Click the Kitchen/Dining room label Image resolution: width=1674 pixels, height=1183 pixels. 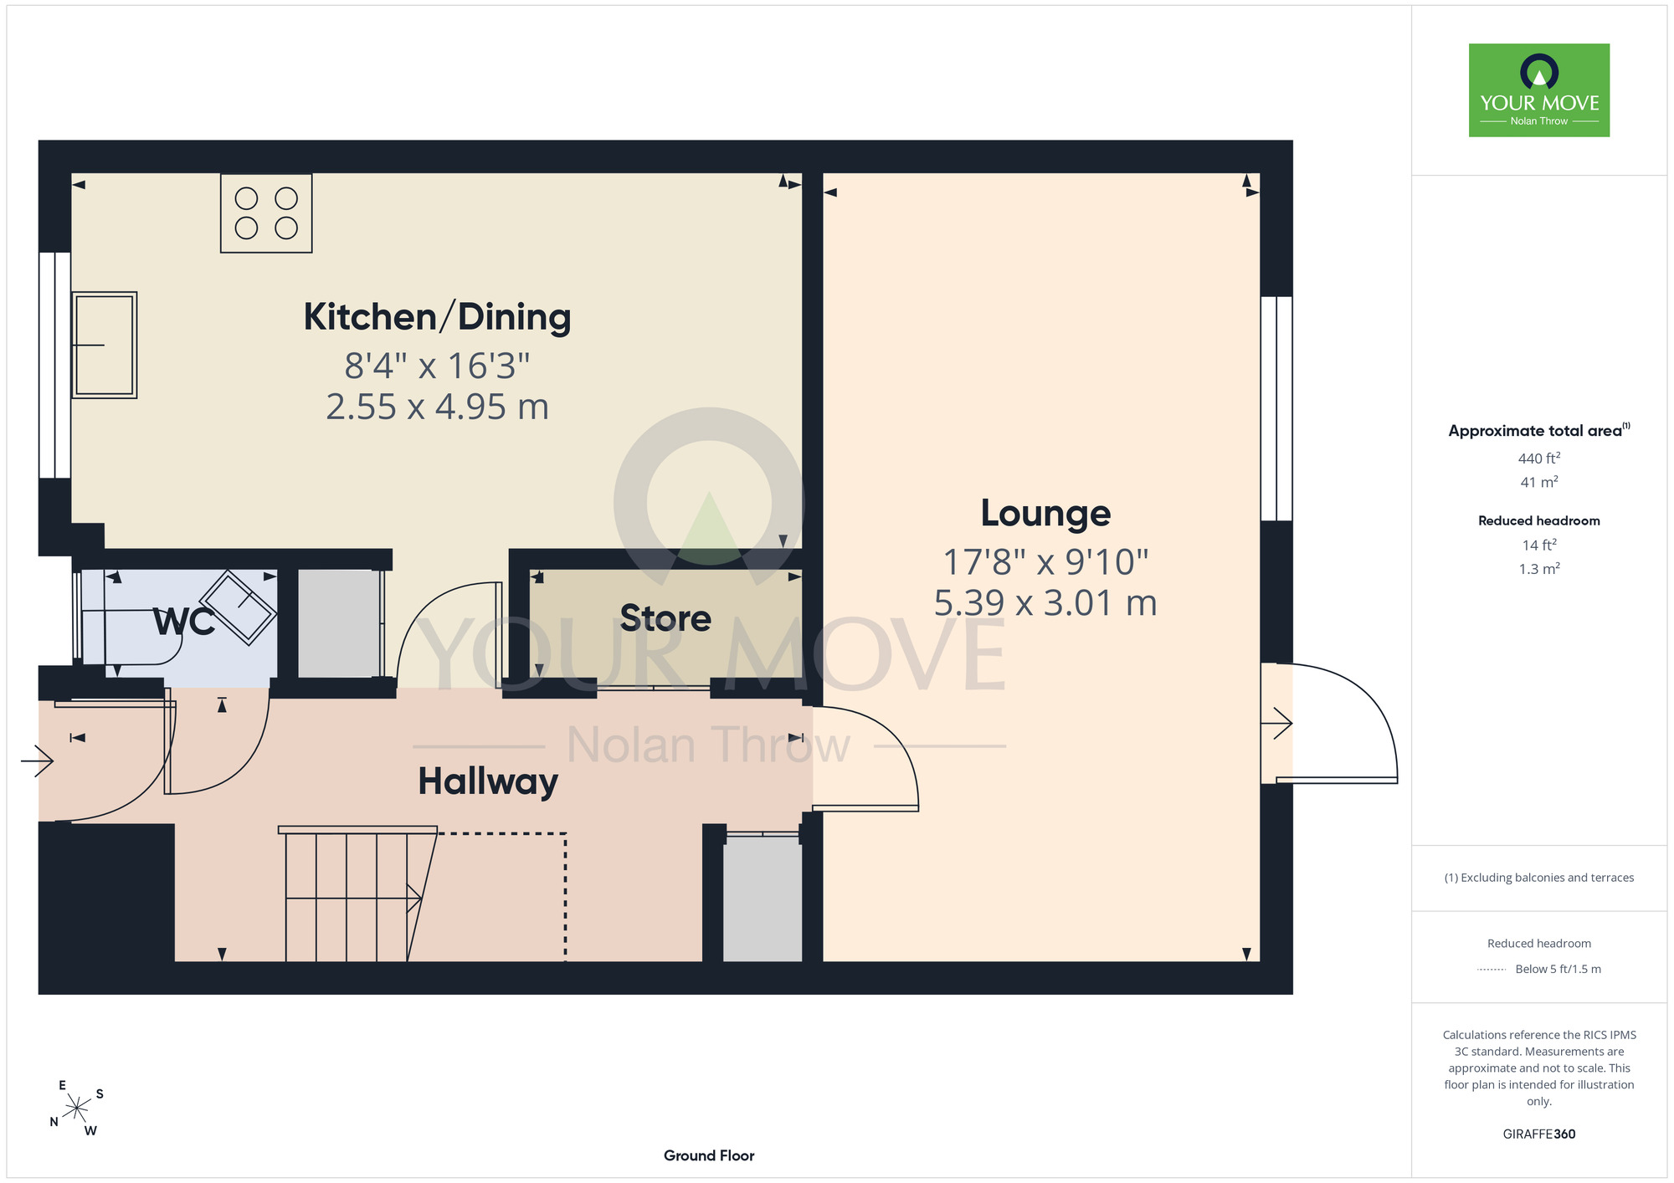(437, 317)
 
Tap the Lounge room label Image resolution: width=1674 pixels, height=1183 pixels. (1045, 513)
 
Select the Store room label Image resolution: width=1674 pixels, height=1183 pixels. (665, 618)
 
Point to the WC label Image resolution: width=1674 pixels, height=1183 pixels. (183, 622)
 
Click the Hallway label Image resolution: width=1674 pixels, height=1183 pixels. (488, 781)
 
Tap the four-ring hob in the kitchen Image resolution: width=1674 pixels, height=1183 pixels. (266, 213)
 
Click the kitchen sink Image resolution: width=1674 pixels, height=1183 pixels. (104, 345)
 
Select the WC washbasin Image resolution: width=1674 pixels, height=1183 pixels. (238, 607)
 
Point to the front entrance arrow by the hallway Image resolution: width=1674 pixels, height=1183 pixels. (37, 760)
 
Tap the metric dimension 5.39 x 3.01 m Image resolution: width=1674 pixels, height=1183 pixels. (1045, 602)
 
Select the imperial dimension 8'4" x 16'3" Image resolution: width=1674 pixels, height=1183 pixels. (437, 366)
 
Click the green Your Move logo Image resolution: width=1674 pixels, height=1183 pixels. (1539, 90)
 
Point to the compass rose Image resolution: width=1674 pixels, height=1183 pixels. (76, 1109)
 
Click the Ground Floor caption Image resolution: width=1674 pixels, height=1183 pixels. (709, 1155)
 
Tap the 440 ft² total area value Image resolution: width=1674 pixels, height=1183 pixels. (1539, 458)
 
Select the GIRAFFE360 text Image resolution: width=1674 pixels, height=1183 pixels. (1539, 1134)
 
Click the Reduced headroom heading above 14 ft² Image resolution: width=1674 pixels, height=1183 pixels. (1539, 520)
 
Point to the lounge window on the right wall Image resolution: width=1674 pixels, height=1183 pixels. (1276, 409)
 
